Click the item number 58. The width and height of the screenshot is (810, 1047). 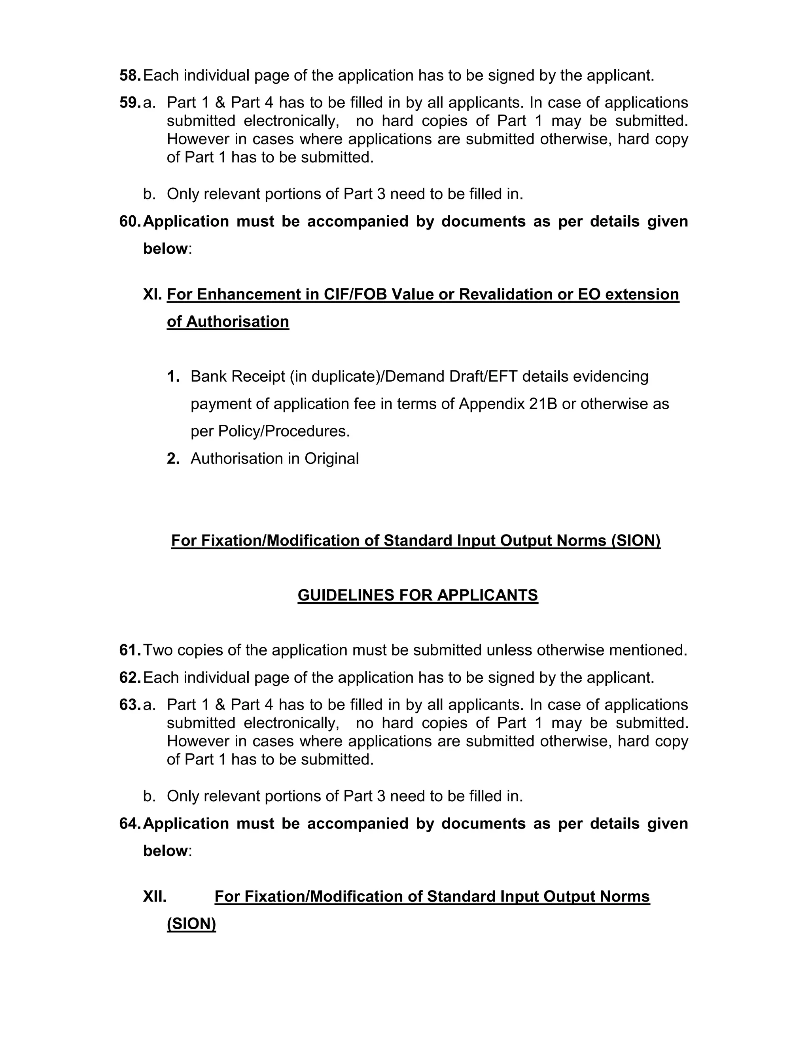coord(130,76)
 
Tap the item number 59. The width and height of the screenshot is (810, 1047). coord(130,103)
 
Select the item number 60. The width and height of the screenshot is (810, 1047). coord(130,222)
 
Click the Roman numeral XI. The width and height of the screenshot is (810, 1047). coord(153,294)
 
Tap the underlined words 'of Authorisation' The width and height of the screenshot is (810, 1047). coord(228,322)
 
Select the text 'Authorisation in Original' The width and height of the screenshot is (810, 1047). coord(274,459)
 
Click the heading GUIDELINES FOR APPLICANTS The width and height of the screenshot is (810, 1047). coord(418,595)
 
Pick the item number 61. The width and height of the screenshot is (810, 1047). coord(130,651)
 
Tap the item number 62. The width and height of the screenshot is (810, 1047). coord(130,678)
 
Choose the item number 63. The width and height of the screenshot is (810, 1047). coord(130,705)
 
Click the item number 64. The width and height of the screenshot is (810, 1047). coord(130,824)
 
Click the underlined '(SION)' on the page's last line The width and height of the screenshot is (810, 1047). coord(191,924)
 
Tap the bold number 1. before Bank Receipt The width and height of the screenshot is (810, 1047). coord(173,377)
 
